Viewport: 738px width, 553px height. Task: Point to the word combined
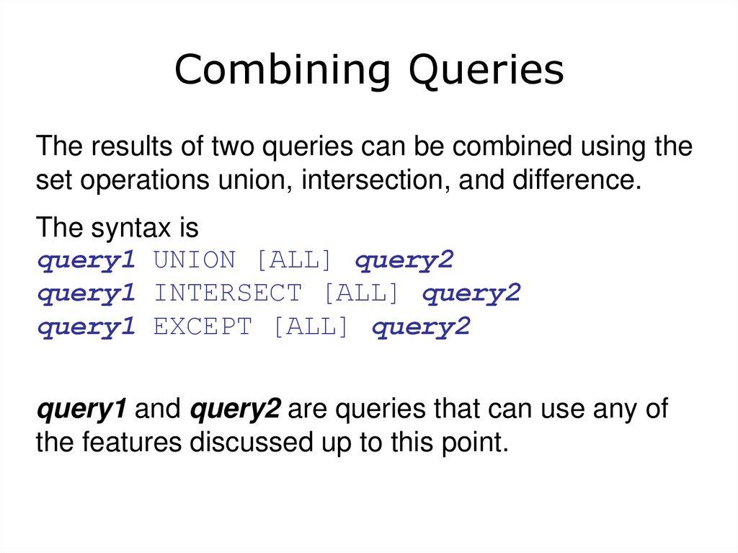490,149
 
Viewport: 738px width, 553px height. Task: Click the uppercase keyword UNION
195,260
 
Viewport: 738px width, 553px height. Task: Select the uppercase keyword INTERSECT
228,293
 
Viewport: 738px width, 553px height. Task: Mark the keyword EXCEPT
203,327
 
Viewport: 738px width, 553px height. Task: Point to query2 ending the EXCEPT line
421,327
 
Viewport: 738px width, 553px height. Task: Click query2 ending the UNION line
404,260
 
